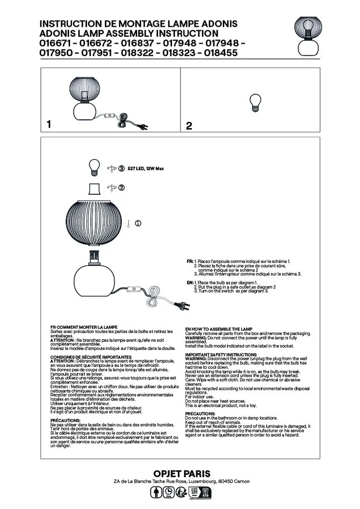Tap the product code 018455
coord(221,53)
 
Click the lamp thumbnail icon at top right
coord(308,36)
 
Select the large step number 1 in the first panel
coord(49,124)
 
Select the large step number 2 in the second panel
coord(189,126)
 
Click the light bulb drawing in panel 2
coord(256,103)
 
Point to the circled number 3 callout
coord(121,169)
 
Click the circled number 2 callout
coord(121,187)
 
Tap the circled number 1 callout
coord(138,223)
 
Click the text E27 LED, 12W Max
coord(146,169)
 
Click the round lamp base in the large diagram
coord(94,279)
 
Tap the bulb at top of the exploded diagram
coord(94,168)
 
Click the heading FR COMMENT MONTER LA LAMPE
coord(84,327)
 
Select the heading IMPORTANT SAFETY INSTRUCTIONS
coord(221,355)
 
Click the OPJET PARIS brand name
coord(182,474)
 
